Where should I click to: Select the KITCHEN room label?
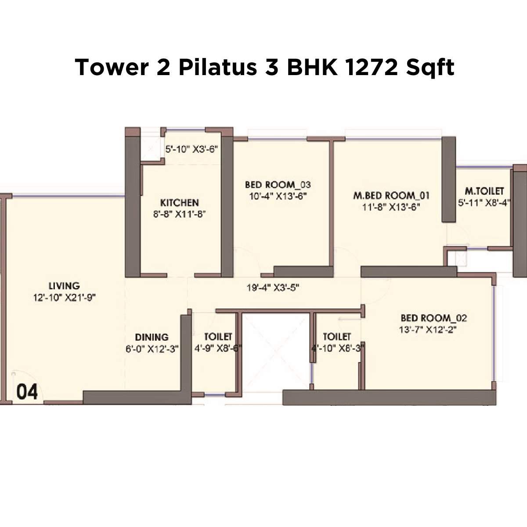[179, 203]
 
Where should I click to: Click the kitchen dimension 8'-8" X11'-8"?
[179, 214]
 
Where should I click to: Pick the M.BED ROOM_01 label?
[391, 195]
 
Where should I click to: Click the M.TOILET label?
[484, 191]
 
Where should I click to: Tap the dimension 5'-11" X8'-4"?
[484, 203]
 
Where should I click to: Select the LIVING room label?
[64, 285]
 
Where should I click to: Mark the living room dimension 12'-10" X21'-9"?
[64, 297]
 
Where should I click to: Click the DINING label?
[152, 337]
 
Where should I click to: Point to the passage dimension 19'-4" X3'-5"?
[273, 288]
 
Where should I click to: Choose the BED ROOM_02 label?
[434, 318]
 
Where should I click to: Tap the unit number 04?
[27, 391]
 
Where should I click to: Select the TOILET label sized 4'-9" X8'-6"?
[218, 337]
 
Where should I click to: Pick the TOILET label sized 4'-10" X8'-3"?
[337, 337]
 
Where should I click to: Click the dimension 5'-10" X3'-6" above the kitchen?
[191, 149]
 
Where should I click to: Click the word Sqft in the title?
[430, 68]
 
